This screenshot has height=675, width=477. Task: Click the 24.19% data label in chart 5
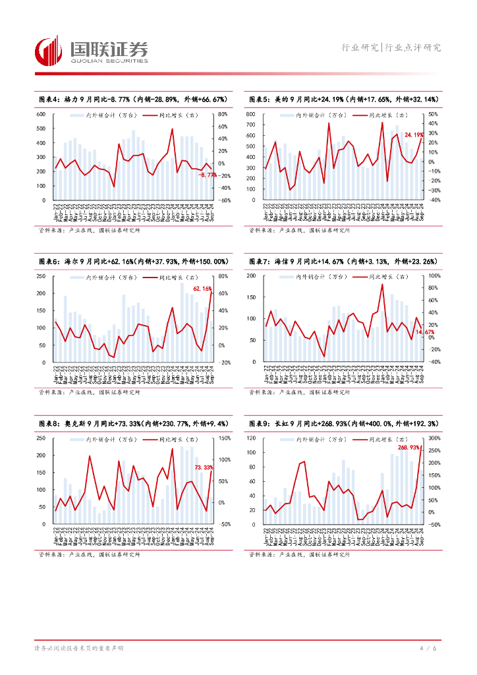point(413,134)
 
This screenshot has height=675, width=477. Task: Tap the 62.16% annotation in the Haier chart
point(202,289)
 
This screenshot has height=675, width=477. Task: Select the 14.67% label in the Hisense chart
point(425,332)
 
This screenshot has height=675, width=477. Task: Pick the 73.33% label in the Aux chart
point(204,467)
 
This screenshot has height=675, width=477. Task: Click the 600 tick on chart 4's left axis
point(40,114)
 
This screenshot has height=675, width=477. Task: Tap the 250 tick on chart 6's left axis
point(40,276)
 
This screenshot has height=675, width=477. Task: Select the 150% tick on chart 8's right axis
point(224,438)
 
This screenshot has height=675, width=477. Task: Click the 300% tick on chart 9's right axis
point(434,438)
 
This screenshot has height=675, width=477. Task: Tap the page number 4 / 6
point(428,649)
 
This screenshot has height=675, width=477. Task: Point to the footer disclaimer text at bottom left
point(78,649)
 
